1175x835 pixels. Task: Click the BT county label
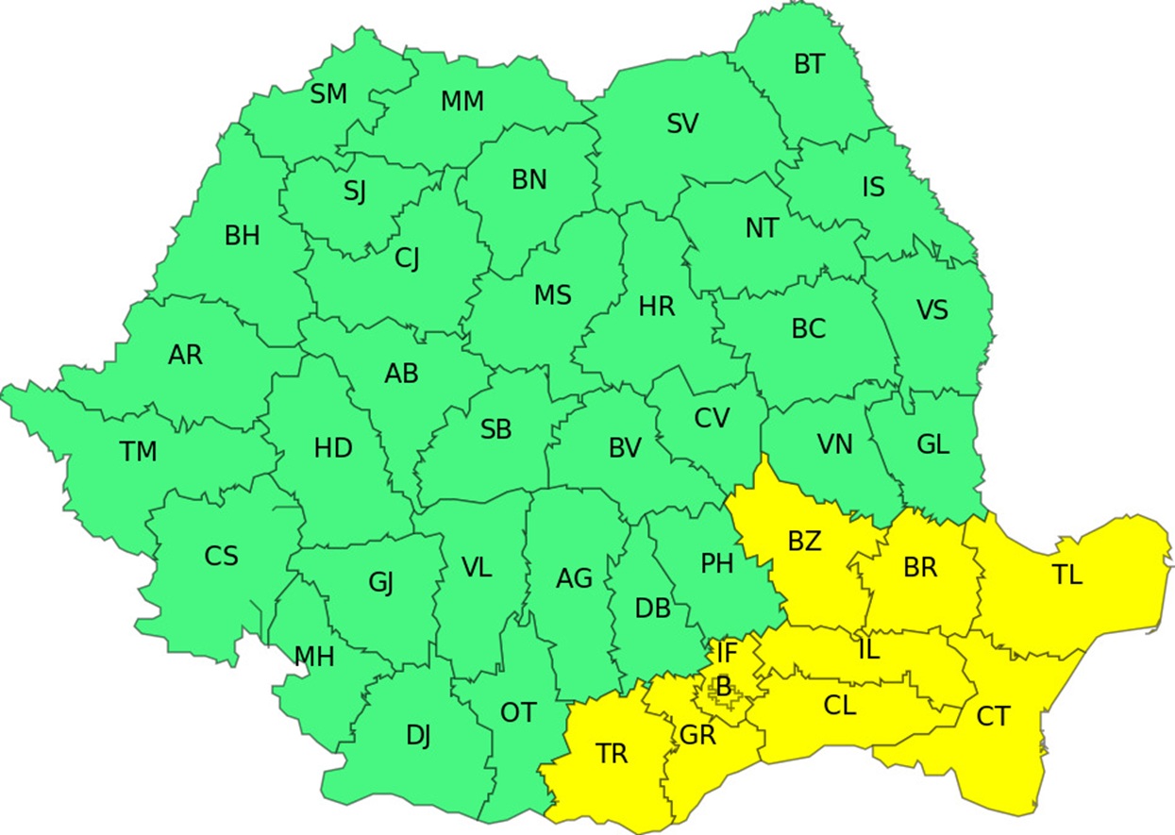coord(809,64)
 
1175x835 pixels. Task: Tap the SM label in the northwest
coord(328,94)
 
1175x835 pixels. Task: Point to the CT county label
coord(992,717)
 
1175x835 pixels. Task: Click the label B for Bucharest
coord(724,688)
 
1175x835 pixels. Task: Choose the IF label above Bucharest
coord(726,651)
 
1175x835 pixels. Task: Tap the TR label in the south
coord(612,753)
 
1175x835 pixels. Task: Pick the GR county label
coord(698,734)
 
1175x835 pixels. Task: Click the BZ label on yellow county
coord(805,542)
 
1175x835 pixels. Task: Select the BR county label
coord(919,568)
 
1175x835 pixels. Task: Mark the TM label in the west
coord(139,452)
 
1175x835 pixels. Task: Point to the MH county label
coord(314,657)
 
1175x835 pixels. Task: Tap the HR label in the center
coord(657,307)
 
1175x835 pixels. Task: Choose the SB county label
coord(495,430)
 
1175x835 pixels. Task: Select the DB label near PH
coord(652,609)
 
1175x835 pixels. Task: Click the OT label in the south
coord(517,712)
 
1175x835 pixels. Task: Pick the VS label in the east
coord(932,309)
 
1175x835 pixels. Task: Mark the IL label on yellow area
coord(868,649)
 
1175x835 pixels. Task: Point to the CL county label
coord(840,705)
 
